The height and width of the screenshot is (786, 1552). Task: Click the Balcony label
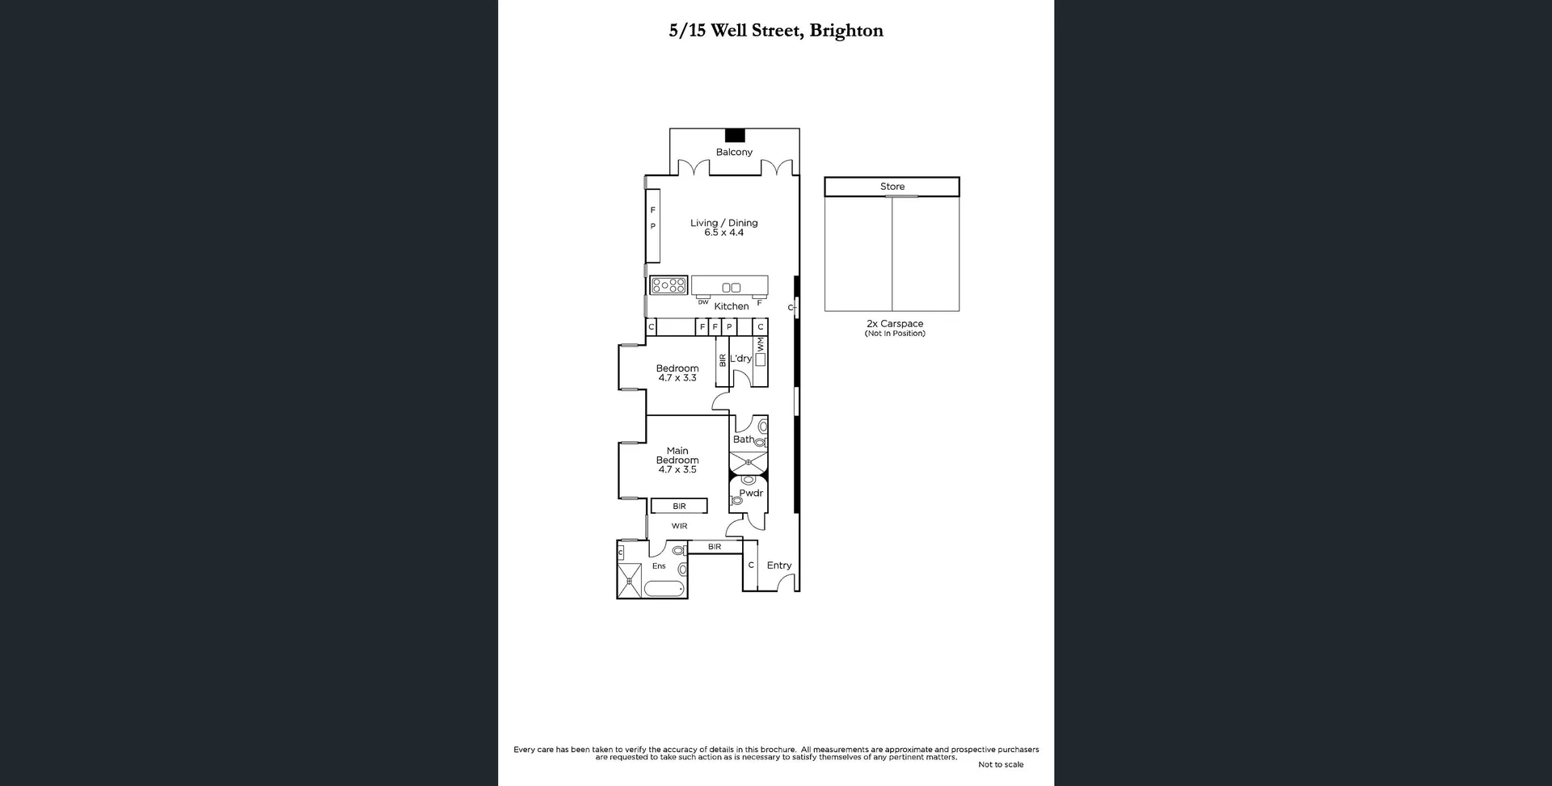[734, 152]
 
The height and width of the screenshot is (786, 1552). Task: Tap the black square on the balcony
[735, 136]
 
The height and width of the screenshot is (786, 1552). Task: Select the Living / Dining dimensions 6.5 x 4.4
[723, 233]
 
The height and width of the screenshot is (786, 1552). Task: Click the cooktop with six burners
[668, 285]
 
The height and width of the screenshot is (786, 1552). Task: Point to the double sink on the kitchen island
[731, 288]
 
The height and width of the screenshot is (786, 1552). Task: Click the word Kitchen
[732, 306]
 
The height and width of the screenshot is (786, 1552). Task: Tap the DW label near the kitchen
[703, 302]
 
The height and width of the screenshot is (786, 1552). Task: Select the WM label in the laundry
[761, 344]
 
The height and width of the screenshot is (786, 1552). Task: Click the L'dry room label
[740, 359]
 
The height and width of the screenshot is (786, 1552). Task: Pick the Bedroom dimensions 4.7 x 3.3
[677, 378]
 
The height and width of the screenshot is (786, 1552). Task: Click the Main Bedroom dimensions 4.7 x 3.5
[677, 469]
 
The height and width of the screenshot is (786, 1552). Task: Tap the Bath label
[743, 439]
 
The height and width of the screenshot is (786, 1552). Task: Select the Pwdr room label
[751, 493]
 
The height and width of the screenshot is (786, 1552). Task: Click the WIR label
[679, 526]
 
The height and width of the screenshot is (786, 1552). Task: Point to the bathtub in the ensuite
[664, 588]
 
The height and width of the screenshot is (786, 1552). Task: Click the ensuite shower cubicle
[629, 581]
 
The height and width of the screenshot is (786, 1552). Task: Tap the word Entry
[779, 565]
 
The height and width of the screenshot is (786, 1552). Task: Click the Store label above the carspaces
[892, 187]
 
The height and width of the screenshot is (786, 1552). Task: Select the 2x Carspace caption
[895, 324]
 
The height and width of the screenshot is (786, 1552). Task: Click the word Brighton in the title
[846, 31]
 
